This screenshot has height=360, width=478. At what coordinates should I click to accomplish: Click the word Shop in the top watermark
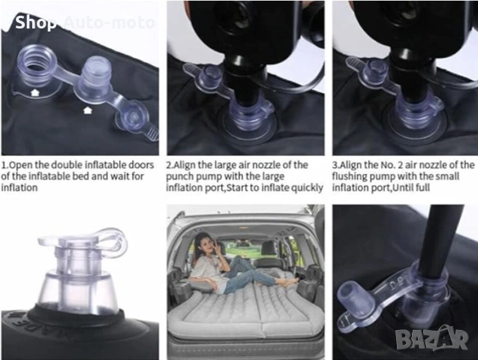coord(36,22)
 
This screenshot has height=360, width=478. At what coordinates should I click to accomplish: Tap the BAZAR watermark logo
coord(432,337)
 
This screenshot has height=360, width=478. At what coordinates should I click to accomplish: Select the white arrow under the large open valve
coord(35,92)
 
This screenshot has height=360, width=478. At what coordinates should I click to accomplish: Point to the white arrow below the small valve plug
coord(88,110)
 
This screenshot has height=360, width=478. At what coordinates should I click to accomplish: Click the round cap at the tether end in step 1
coord(132,116)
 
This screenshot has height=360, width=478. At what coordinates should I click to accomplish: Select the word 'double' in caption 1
coord(66,165)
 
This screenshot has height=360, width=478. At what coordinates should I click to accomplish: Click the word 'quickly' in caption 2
coord(307,188)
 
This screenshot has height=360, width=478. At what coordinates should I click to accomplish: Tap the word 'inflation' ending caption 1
coord(20,187)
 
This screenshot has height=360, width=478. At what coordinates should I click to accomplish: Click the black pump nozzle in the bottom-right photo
coord(437,240)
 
